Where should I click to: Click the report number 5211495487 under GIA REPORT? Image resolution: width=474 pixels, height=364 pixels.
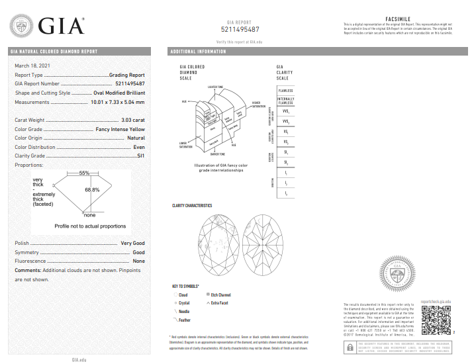[x=238, y=30]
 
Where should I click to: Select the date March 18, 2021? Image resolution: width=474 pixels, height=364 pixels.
[x=32, y=66]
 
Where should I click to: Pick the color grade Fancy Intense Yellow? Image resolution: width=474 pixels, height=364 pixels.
[x=120, y=129]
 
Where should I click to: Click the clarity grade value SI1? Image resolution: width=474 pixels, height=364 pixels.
[x=140, y=156]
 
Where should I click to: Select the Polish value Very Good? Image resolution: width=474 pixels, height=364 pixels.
[x=132, y=243]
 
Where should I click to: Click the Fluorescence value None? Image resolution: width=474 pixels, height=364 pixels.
[x=138, y=261]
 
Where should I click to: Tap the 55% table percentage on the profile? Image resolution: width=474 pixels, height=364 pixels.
[x=84, y=173]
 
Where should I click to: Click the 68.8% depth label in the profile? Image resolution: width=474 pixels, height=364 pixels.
[x=91, y=190]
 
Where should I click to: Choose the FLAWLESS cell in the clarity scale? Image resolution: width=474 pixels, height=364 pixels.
[x=285, y=91]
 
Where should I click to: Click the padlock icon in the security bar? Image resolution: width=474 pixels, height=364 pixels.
[x=350, y=348]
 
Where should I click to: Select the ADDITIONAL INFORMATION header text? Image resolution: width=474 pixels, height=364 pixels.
[x=198, y=52]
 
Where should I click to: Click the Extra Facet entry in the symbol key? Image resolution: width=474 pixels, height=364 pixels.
[x=218, y=302]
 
